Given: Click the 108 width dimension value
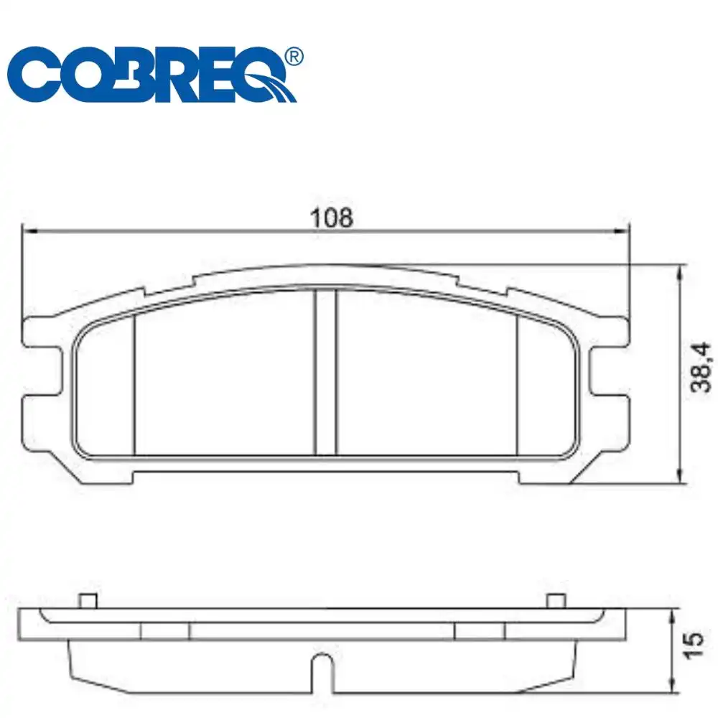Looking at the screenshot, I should click(x=332, y=218).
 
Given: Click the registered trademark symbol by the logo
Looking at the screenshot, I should click(x=293, y=56).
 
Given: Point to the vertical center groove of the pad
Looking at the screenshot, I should click(x=326, y=372).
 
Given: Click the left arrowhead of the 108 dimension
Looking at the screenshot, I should click(x=28, y=231).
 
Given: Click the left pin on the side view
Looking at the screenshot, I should click(x=87, y=600).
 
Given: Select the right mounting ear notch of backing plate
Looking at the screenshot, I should click(x=607, y=372).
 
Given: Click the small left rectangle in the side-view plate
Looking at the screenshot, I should click(x=165, y=630).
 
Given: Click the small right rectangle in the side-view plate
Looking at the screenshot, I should click(x=480, y=630).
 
